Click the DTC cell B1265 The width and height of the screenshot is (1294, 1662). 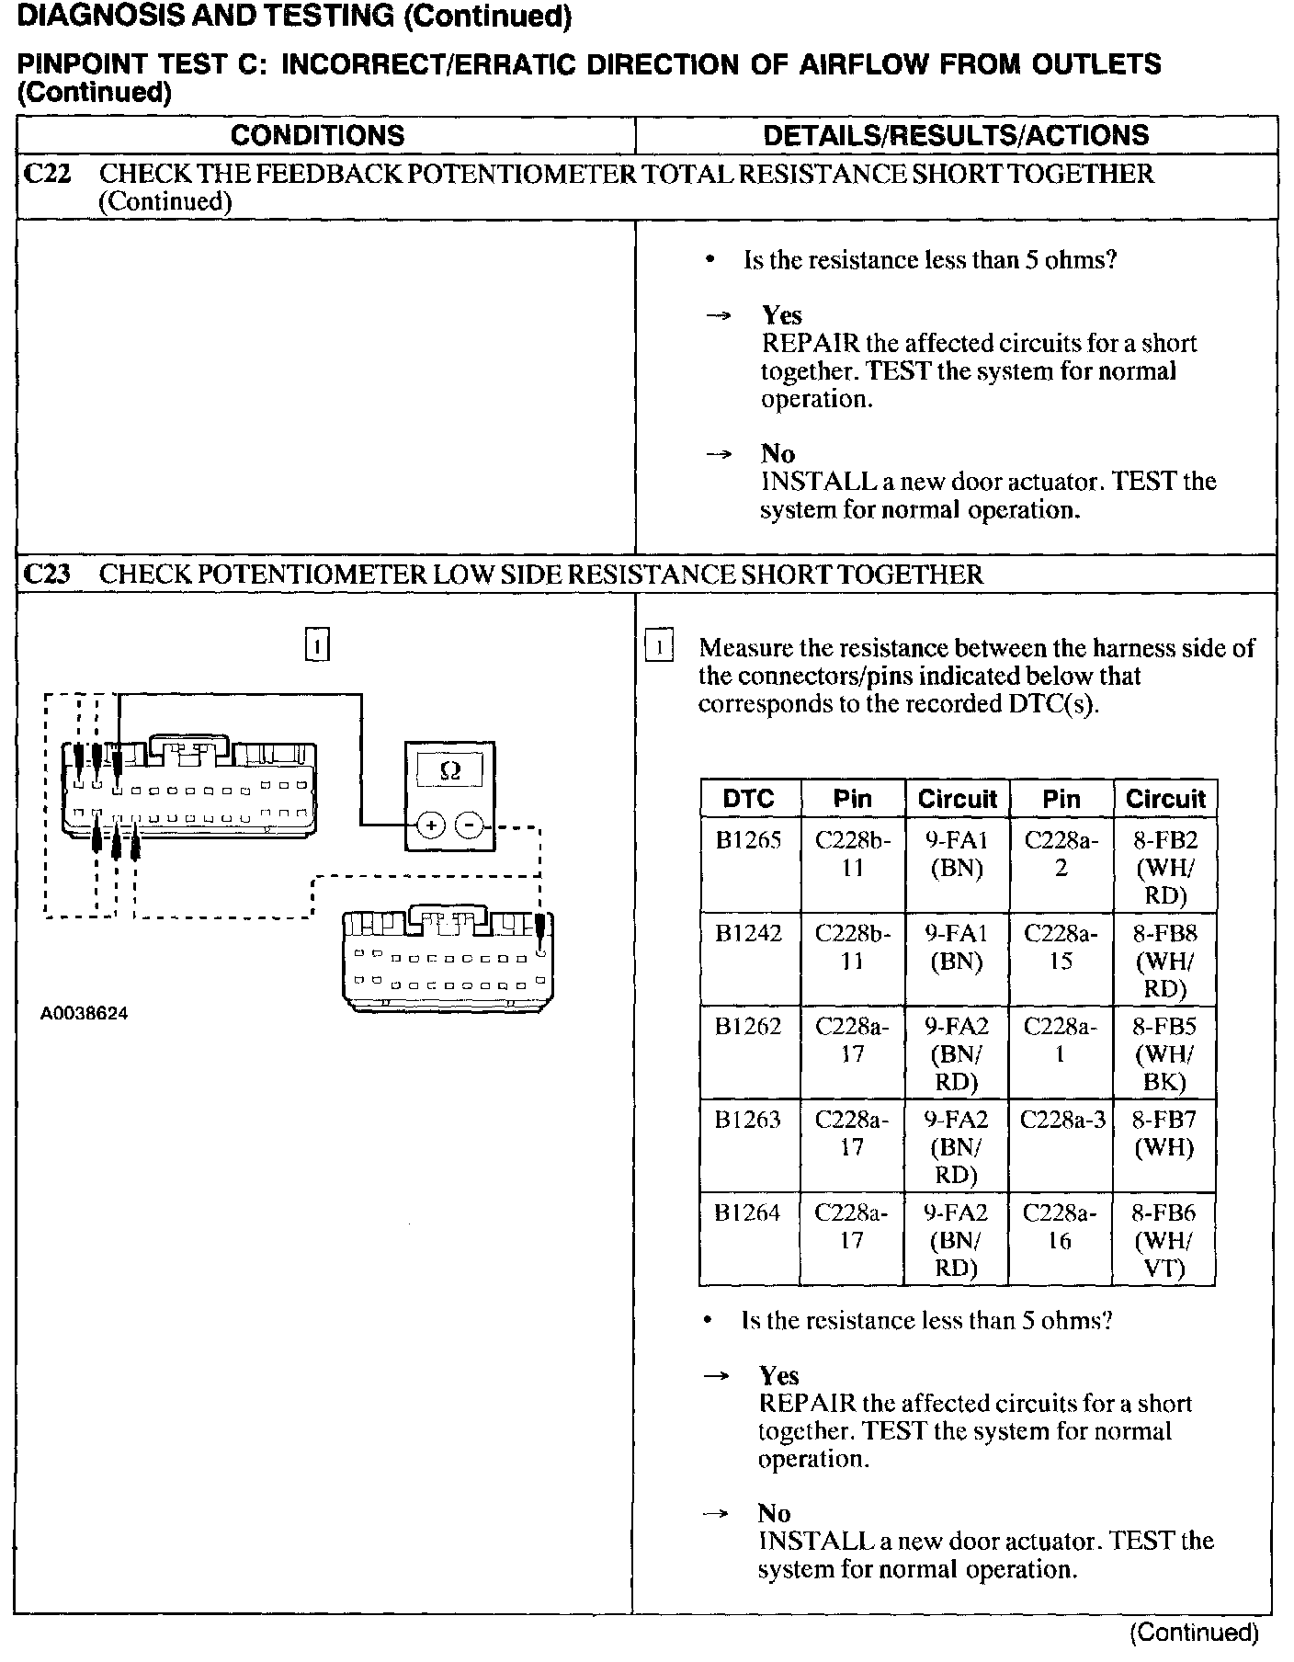coord(748,840)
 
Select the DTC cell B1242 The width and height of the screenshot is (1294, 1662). coord(748,933)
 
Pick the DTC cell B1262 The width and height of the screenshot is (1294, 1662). coord(748,1026)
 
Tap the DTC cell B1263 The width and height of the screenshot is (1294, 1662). coord(748,1119)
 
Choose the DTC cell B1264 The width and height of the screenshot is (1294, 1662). coord(748,1212)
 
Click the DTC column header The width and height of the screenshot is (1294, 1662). coord(748,798)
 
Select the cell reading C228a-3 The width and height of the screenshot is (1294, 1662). coord(1061,1119)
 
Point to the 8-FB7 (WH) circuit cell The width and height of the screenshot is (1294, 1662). coord(1164,1133)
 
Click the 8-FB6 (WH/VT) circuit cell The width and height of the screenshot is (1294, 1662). coord(1164,1240)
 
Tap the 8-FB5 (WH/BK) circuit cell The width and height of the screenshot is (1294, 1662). coord(1164,1053)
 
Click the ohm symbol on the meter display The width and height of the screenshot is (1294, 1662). coord(450,770)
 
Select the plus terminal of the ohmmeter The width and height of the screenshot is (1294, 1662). coord(430,825)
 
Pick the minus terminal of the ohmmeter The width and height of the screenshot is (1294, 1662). coord(470,825)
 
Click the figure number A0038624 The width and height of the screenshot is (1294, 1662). coord(85,1014)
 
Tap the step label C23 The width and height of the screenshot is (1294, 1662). coord(46,575)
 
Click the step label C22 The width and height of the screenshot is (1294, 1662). coord(46,174)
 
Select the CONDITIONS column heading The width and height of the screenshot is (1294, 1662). coord(317,135)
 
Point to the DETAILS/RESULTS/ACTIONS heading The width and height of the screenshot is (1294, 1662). coord(956,135)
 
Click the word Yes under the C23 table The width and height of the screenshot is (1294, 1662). coord(778,1375)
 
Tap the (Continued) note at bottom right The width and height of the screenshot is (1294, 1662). coord(1193,1632)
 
